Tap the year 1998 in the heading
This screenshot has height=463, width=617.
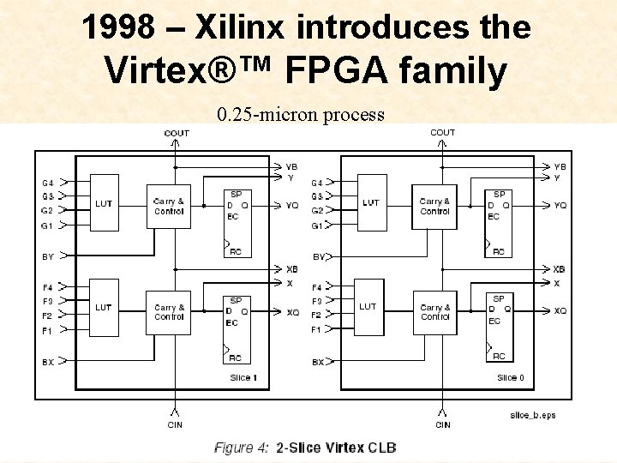120,27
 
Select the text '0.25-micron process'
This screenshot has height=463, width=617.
301,114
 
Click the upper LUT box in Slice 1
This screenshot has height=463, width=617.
104,203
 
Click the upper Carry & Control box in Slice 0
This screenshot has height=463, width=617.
434,207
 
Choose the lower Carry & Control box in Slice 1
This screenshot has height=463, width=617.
169,312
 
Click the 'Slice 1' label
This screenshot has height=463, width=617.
243,377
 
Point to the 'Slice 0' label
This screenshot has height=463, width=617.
511,377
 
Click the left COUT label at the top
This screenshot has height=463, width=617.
177,133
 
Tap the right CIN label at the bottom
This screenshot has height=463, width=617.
443,424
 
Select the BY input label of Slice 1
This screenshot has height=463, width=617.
48,256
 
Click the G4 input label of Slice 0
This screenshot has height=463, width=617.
317,183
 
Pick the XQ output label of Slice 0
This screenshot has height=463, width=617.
560,310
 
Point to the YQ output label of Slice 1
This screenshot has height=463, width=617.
292,206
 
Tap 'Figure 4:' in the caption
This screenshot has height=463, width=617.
242,448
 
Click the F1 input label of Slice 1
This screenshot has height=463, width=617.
48,330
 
